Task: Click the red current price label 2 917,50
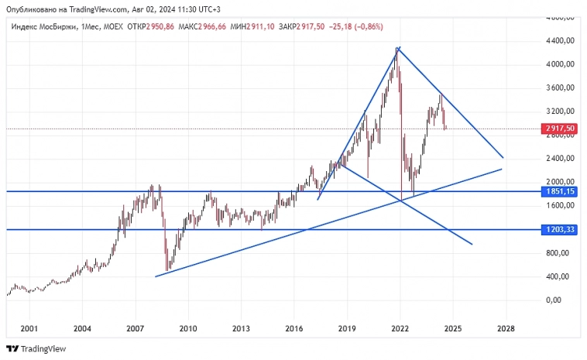pyautogui.click(x=559, y=129)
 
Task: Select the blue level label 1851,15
pyautogui.click(x=559, y=191)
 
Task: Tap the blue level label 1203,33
pyautogui.click(x=559, y=230)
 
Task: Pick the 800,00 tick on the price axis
pyautogui.click(x=558, y=252)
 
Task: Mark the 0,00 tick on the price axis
pyautogui.click(x=553, y=300)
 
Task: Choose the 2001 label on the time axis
pyautogui.click(x=29, y=328)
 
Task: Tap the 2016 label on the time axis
pyautogui.click(x=294, y=328)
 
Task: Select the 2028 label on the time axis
pyautogui.click(x=506, y=328)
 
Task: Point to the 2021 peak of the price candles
pyautogui.click(x=396, y=49)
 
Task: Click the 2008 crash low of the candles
pyautogui.click(x=166, y=272)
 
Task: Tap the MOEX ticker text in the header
pyautogui.click(x=112, y=27)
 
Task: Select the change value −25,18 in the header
pyautogui.click(x=345, y=27)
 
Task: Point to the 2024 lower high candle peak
pyautogui.click(x=440, y=94)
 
